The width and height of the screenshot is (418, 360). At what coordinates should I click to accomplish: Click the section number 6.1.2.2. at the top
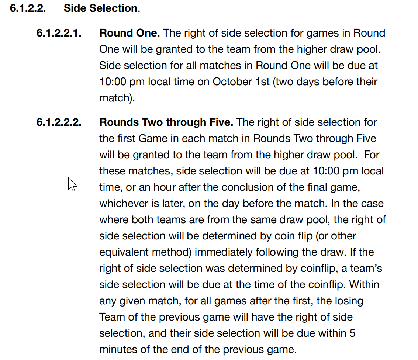pos(28,8)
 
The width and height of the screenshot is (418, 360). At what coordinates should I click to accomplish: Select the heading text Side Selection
pos(100,8)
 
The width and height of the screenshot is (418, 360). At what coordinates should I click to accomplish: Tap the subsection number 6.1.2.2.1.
pos(59,33)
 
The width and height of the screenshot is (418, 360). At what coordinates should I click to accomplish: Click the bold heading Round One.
pos(129,33)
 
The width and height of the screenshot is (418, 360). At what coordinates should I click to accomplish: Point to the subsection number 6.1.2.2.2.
pos(59,122)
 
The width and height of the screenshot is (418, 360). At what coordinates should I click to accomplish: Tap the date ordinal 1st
pos(263,82)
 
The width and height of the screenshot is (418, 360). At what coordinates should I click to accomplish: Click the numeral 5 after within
pos(352,333)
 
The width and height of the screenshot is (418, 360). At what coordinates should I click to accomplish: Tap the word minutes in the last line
pos(117,350)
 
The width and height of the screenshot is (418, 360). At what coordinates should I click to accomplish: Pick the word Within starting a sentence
pos(365,285)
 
